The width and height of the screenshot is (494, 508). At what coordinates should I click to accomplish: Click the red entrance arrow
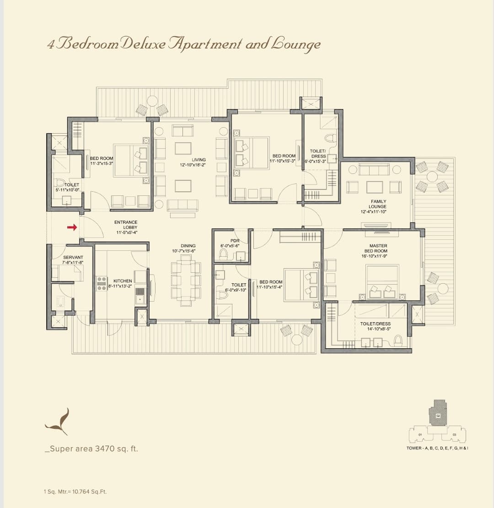(72, 227)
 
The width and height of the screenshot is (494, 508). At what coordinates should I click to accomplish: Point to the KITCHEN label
(123, 281)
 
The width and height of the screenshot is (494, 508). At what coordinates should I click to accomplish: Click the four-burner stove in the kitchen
(102, 283)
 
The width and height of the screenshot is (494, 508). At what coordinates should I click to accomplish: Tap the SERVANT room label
(73, 258)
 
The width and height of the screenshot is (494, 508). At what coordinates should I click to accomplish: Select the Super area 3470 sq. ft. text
(91, 449)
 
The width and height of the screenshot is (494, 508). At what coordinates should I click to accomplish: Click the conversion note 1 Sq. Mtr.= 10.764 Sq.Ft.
(75, 492)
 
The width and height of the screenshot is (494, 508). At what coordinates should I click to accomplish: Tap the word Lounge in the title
(295, 44)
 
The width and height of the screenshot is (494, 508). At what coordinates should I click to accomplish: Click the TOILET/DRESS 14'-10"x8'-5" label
(375, 326)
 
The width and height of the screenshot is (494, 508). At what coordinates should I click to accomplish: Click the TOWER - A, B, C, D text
(437, 448)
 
